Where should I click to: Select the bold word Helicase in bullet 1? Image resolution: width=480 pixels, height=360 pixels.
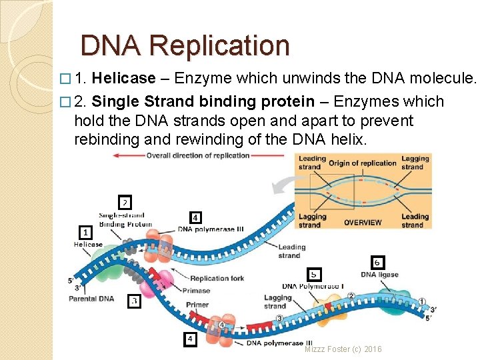123,79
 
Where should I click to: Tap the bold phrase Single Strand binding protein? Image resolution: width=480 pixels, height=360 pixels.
203,101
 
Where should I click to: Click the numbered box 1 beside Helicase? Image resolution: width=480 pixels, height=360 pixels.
85,233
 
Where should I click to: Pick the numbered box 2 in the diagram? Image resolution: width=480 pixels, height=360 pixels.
125,201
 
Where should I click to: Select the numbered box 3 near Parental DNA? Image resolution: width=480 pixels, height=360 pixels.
134,301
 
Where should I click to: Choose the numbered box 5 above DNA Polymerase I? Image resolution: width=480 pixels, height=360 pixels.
313,274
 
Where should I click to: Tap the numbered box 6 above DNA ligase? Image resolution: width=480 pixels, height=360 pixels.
377,263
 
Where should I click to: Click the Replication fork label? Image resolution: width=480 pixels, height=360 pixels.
217,279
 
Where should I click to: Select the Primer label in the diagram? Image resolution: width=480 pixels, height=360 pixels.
197,305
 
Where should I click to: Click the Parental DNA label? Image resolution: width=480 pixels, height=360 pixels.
91,299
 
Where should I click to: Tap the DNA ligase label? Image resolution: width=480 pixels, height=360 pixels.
379,275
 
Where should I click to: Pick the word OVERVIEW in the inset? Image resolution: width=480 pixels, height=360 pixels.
363,223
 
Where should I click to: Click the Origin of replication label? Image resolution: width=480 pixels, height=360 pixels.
363,163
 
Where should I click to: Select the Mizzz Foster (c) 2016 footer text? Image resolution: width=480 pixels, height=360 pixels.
343,349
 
